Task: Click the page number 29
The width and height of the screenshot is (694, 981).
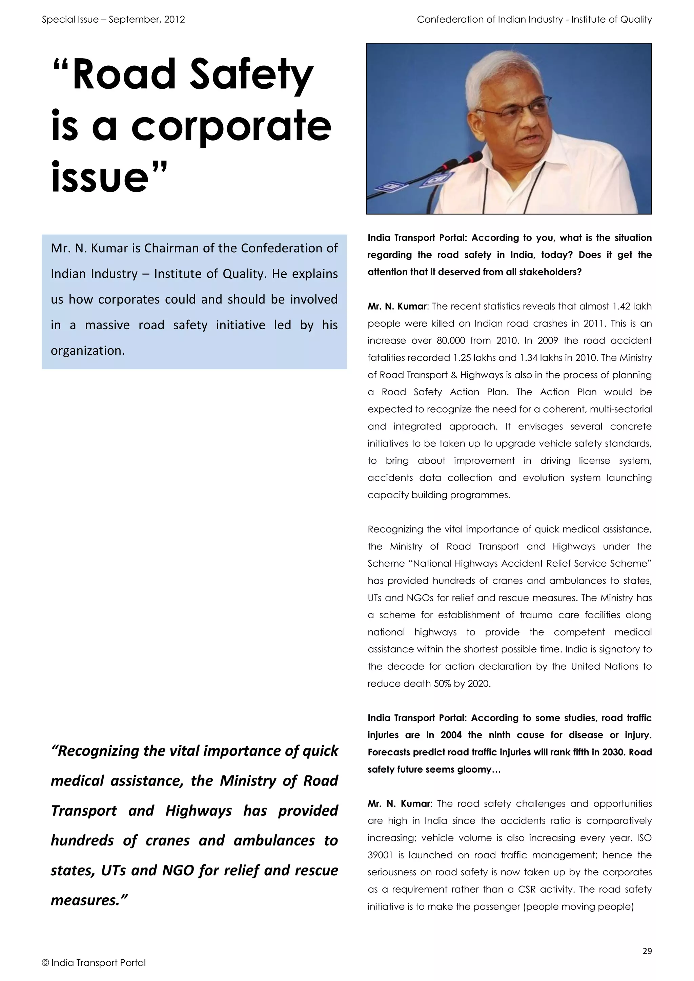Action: (647, 951)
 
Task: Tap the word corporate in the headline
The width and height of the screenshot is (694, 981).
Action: (231, 126)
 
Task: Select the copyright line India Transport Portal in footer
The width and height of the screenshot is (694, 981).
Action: (94, 963)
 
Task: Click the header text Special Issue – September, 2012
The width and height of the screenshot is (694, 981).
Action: (113, 19)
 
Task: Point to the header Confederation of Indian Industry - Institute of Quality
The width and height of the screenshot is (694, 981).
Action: (534, 19)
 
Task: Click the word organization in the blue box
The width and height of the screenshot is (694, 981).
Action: (88, 351)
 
